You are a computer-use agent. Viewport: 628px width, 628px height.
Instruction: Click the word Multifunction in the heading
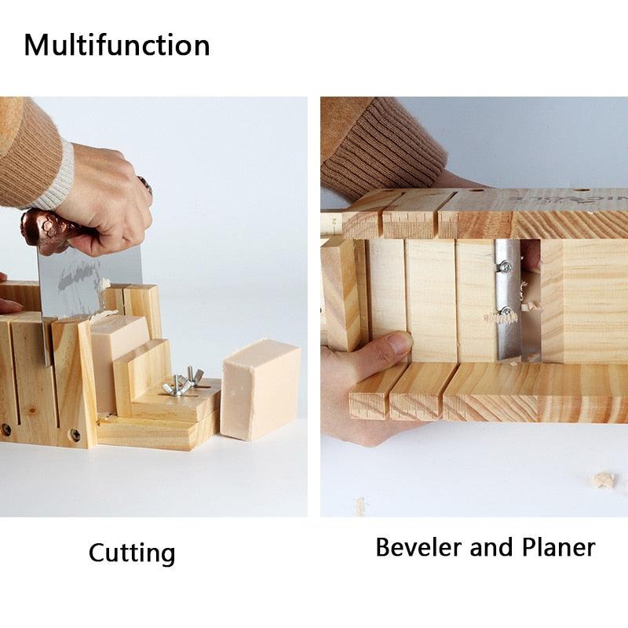(x=117, y=45)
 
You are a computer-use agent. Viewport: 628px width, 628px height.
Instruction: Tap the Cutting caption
(x=132, y=553)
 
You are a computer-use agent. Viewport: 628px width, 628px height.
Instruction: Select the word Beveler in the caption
(x=418, y=546)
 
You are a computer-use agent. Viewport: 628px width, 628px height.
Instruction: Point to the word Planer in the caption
(x=555, y=546)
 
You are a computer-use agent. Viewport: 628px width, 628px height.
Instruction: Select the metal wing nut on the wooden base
(x=180, y=385)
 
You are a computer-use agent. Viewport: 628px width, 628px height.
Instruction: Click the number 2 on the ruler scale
(x=333, y=221)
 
